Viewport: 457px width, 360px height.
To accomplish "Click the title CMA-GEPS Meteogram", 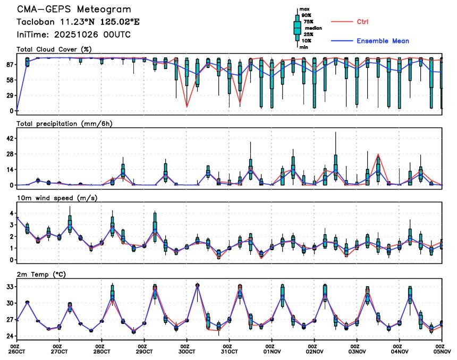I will coord(73,10).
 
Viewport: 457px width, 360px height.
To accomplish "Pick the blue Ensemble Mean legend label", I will coord(383,41).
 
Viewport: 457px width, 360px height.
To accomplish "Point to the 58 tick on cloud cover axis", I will coord(10,80).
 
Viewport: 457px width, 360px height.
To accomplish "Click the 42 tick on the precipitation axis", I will coord(10,139).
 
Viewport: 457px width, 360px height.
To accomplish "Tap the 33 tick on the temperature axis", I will coord(10,287).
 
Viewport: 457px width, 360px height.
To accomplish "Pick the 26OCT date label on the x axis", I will coord(17,351).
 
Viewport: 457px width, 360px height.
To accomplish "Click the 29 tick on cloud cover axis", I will coord(10,96).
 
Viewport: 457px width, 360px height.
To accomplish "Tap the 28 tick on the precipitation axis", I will coord(10,154).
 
